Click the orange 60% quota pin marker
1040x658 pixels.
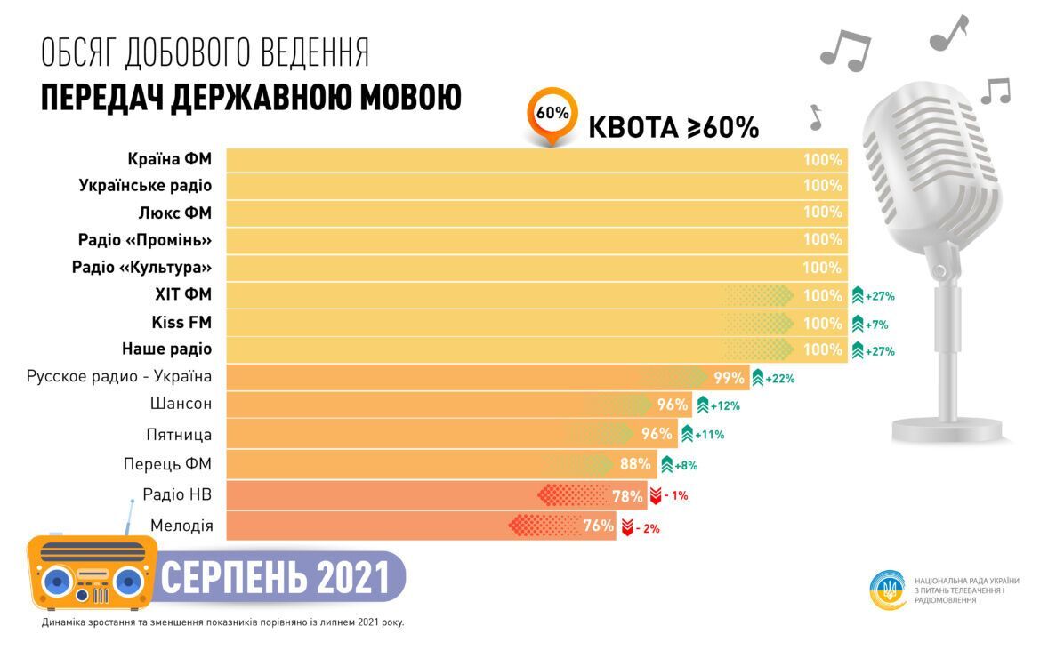(x=552, y=115)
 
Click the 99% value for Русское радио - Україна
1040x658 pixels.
(x=729, y=378)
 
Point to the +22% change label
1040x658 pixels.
(x=777, y=378)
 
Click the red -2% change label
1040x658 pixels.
(x=648, y=528)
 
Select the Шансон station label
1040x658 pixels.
(x=181, y=404)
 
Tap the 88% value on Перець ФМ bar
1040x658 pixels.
(x=635, y=463)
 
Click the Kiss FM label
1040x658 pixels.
(x=181, y=321)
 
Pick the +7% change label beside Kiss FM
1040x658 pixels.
(x=875, y=325)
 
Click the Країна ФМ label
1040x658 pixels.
(x=170, y=160)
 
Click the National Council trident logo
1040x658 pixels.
(x=889, y=589)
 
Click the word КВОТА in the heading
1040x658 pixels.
(x=632, y=127)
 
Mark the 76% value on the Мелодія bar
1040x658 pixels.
(x=599, y=526)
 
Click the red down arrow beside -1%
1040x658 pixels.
(x=655, y=495)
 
